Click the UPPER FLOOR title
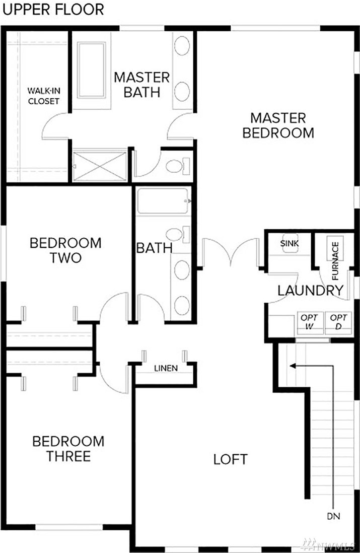click(x=53, y=10)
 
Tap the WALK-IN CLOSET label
click(x=44, y=96)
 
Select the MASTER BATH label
click(x=142, y=85)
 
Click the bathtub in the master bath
click(x=91, y=70)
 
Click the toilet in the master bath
click(x=178, y=166)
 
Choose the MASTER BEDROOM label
click(x=278, y=125)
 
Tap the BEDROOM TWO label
click(x=65, y=250)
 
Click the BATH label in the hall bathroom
click(x=154, y=248)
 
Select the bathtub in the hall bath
click(x=163, y=201)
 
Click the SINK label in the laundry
click(x=290, y=243)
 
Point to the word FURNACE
click(x=335, y=260)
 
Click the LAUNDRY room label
click(x=310, y=291)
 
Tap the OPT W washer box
click(x=310, y=322)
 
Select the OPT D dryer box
click(x=338, y=322)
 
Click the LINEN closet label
click(x=166, y=368)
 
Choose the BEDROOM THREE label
click(x=68, y=449)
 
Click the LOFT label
click(x=231, y=459)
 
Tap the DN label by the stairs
click(x=333, y=517)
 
